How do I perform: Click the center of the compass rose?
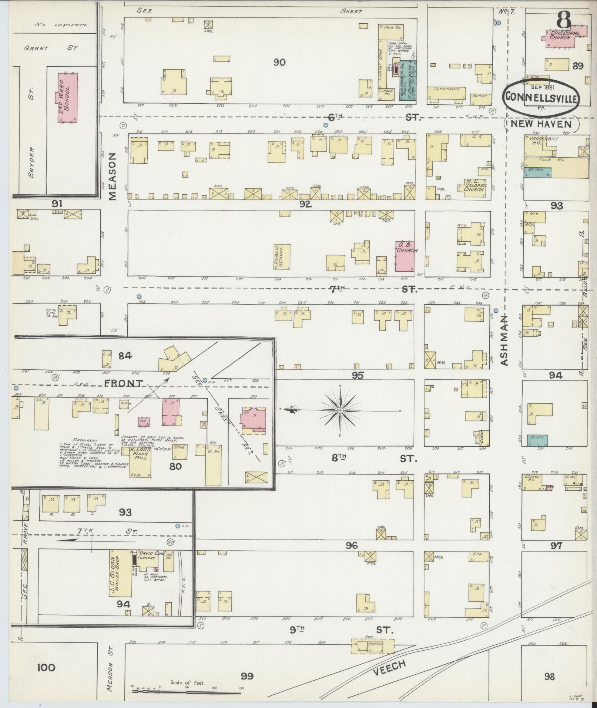coord(340,410)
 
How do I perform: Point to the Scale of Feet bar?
coord(187,689)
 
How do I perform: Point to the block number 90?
coord(279,62)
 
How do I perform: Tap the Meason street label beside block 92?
coord(113,177)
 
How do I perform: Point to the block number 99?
coord(247,676)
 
